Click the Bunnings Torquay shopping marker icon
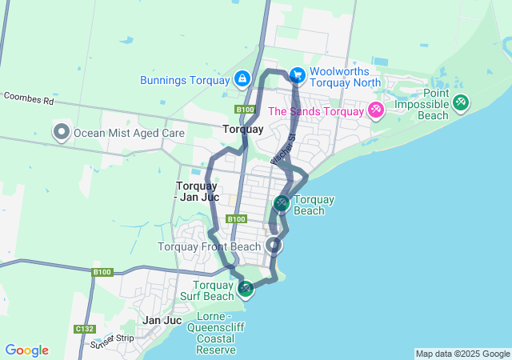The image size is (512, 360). (242, 79)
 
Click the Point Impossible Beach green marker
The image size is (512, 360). (461, 102)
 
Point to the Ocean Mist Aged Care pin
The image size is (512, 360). (62, 132)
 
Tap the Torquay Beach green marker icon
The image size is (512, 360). (282, 203)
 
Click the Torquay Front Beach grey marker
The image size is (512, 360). (274, 246)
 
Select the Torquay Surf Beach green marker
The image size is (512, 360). (246, 288)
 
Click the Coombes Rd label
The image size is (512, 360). (28, 101)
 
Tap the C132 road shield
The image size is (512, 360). (84, 329)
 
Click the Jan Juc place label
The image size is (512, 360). (162, 320)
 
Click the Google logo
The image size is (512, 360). (26, 350)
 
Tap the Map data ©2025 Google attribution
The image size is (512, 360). (462, 354)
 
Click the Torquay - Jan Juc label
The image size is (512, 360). (197, 191)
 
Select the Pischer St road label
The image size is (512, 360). (283, 150)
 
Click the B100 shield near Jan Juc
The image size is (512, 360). (102, 272)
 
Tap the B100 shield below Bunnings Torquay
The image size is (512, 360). (244, 109)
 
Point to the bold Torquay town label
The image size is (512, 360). (242, 129)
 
